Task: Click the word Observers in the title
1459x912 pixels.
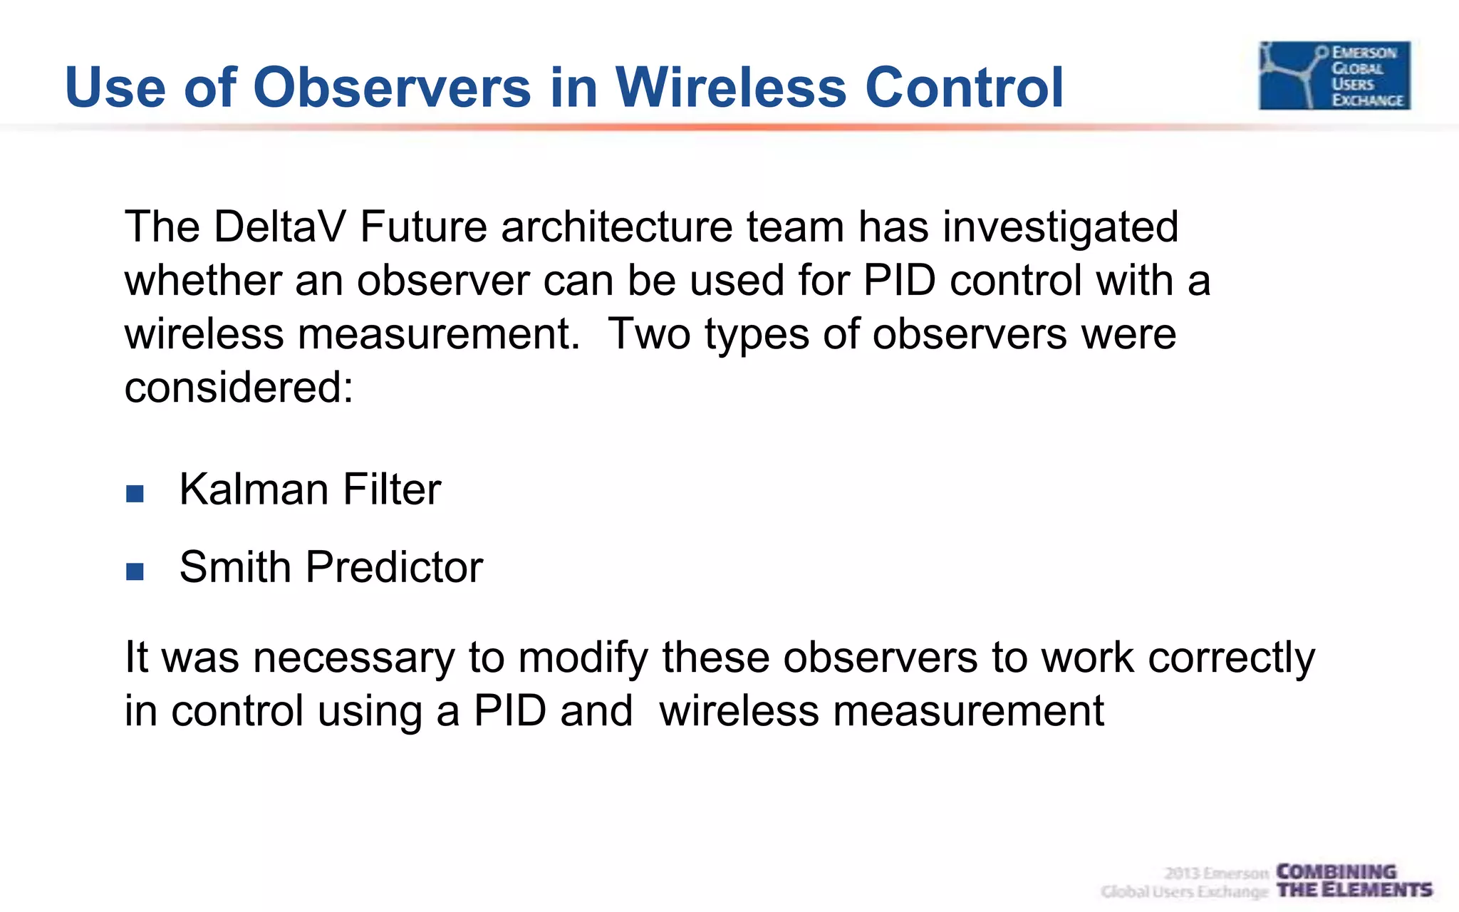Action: pos(392,87)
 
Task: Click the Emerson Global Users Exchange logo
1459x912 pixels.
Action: pos(1334,76)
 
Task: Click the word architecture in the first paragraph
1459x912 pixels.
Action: pos(616,227)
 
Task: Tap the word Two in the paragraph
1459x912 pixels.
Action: pos(648,333)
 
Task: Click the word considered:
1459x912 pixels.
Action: pos(239,388)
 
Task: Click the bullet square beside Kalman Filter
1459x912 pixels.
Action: pos(135,494)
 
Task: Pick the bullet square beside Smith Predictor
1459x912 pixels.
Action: pos(135,571)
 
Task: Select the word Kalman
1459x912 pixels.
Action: pos(253,489)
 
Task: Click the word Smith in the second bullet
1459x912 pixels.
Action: pos(235,567)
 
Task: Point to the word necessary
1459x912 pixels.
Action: pos(353,657)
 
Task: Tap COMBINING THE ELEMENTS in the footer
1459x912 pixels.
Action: pos(1354,881)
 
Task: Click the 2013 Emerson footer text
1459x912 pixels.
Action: pos(1216,874)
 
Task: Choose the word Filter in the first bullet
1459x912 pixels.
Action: pos(392,489)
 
